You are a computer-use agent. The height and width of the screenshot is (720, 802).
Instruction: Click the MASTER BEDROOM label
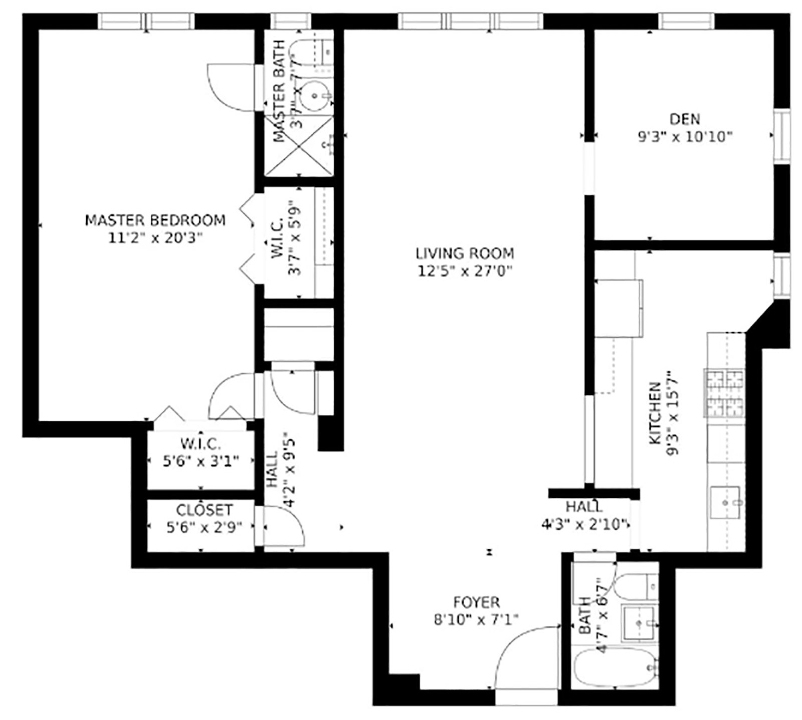coord(155,220)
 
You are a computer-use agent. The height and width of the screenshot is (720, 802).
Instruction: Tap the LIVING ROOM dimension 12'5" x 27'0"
coord(465,271)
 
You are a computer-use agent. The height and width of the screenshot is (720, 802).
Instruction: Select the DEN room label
coord(684,119)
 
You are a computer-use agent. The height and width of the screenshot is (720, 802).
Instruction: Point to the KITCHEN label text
coord(655,413)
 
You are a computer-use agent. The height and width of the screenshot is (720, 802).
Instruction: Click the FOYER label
coord(476,602)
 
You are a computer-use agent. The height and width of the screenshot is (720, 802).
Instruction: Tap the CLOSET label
coord(204,510)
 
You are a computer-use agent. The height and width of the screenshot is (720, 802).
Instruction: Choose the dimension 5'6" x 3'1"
coord(201,460)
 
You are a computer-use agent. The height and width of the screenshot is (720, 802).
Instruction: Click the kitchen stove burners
coord(724,393)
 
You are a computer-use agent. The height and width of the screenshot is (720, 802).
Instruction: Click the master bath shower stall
coord(299,146)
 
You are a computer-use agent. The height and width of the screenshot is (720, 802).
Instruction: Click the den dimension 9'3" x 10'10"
coord(685,136)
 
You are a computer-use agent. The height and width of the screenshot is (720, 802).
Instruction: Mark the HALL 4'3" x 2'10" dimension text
coord(585,524)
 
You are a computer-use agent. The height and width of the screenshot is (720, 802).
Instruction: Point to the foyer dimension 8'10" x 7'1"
coord(476,620)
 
